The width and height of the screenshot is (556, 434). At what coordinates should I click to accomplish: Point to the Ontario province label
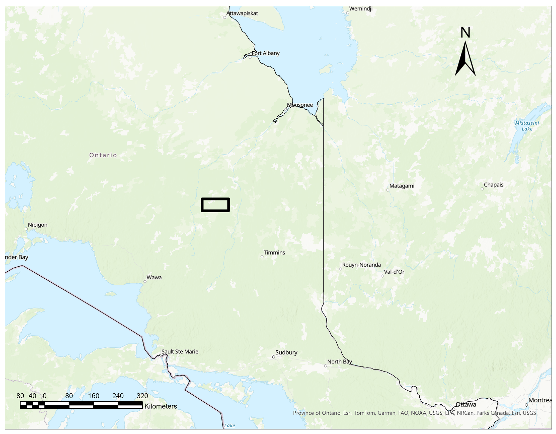(103, 155)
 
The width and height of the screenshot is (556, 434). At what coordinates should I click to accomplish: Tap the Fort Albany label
(265, 53)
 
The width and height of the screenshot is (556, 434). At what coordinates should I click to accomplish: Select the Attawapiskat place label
(242, 13)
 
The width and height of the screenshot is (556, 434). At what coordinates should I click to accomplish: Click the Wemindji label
(361, 9)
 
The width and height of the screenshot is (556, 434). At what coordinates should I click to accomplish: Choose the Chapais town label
(493, 185)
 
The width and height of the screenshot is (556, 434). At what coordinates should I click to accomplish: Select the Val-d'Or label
(394, 272)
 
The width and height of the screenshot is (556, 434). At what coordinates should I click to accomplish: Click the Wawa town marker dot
(145, 281)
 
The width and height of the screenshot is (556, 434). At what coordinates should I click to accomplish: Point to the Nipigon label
(38, 225)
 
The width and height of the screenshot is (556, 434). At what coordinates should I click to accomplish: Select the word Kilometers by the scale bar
(161, 406)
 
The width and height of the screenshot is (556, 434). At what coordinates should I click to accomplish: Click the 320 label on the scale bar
(142, 396)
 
